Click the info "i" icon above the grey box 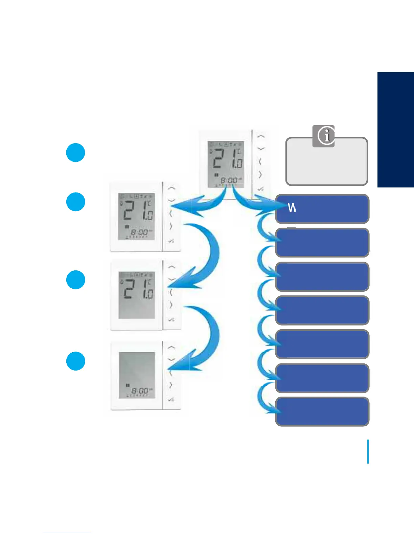pyautogui.click(x=324, y=136)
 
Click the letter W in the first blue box pyautogui.click(x=292, y=207)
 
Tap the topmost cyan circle pyautogui.click(x=75, y=153)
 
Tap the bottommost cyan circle pyautogui.click(x=75, y=361)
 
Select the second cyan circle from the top pyautogui.click(x=75, y=202)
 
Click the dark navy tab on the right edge pyautogui.click(x=395, y=129)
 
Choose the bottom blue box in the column pyautogui.click(x=322, y=411)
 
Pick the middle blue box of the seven pyautogui.click(x=322, y=310)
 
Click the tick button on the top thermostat pyautogui.click(x=260, y=189)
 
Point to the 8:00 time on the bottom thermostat pyautogui.click(x=139, y=391)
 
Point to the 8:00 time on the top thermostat pyautogui.click(x=229, y=181)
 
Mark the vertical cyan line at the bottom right pyautogui.click(x=368, y=451)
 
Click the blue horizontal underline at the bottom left pyautogui.click(x=67, y=533)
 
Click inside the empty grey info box pyautogui.click(x=326, y=166)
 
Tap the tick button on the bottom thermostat pyautogui.click(x=171, y=400)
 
